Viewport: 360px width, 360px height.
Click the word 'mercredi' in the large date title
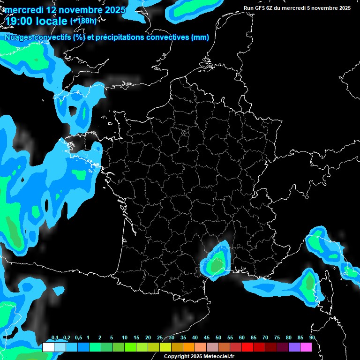tap(23, 10)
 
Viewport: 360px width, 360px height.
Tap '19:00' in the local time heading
tap(20, 21)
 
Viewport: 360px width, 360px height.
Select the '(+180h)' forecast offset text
tap(83, 21)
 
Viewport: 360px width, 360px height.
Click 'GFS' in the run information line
tap(262, 8)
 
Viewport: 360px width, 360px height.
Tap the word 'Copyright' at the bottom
tap(176, 356)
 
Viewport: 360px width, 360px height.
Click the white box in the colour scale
tap(48, 347)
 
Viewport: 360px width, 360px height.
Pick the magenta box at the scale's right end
tap(306, 347)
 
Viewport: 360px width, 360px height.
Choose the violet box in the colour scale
tap(294, 347)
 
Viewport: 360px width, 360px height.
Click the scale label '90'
tap(312, 338)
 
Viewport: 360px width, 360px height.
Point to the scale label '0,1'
tap(55, 338)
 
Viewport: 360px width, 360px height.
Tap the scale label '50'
tap(218, 338)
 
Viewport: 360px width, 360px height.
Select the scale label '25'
tap(160, 338)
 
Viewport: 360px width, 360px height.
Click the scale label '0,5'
tap(78, 338)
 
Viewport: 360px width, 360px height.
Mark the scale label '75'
tap(277, 338)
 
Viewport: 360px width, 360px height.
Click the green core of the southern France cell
tap(217, 265)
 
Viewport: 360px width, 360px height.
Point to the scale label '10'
tap(125, 338)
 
